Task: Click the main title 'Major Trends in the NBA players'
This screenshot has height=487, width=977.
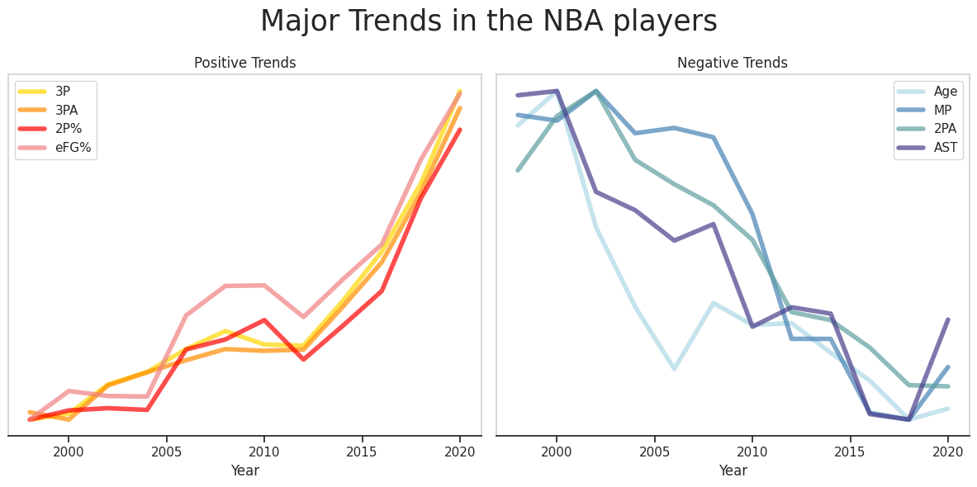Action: coord(488,21)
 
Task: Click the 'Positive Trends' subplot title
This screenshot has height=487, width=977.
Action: coord(244,63)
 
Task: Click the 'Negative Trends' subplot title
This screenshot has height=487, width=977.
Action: coord(732,63)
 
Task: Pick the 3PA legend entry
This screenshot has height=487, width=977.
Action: coord(55,110)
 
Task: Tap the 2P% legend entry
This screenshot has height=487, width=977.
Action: coord(55,129)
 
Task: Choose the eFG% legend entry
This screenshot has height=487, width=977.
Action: coord(55,148)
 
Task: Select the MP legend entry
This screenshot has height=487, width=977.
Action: coord(927,110)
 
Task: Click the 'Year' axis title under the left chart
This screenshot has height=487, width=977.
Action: coord(244,470)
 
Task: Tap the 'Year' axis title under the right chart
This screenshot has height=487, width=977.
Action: coord(732,470)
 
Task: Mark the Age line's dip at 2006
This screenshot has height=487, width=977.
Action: coord(674,368)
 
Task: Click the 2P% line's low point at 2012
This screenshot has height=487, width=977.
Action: coord(303,359)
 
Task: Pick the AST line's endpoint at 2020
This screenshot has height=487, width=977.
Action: coord(947,319)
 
